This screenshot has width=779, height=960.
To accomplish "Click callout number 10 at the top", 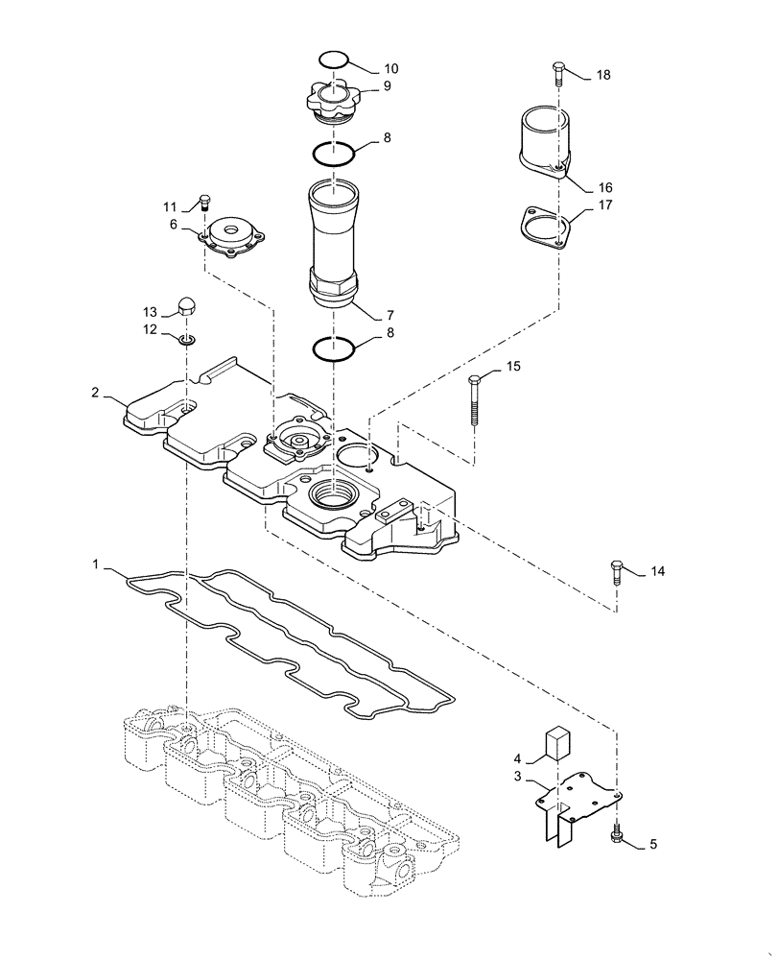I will point(390,69).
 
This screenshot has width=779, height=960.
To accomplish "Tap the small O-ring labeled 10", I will point(332,60).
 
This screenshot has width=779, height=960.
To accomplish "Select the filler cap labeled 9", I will point(332,100).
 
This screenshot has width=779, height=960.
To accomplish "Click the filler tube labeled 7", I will point(332,240).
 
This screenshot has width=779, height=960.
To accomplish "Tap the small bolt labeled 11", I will point(204,203).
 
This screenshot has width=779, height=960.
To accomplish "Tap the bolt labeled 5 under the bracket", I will point(616,838).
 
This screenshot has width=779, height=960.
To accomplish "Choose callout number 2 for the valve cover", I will point(96,392).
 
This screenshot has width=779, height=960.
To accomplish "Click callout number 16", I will point(605,187).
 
